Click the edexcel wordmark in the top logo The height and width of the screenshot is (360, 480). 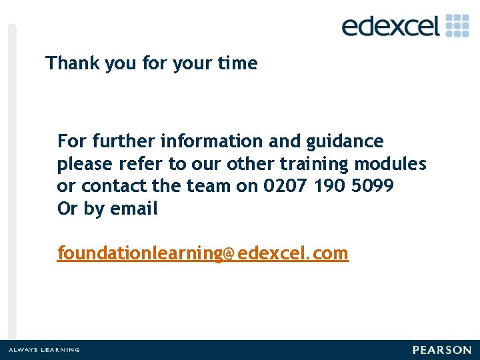(391, 26)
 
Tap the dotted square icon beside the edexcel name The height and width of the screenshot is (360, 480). (457, 25)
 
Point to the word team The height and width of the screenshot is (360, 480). (207, 186)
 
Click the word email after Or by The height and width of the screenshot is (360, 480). (134, 209)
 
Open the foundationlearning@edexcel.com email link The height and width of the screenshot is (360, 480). (203, 253)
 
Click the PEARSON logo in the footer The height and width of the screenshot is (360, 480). (441, 350)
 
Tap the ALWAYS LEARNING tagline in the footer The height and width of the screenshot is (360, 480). (44, 350)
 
